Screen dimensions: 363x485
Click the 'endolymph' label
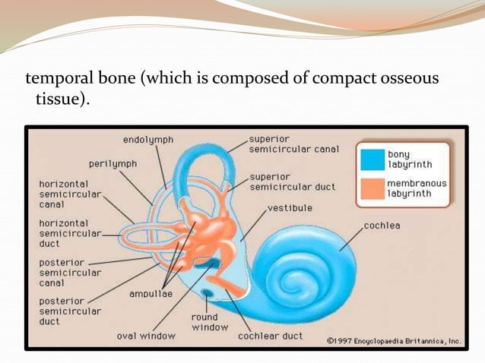(x=148, y=140)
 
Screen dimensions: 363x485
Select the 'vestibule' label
(x=290, y=207)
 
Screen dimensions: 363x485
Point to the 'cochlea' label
(x=382, y=226)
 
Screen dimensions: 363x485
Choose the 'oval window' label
(x=146, y=335)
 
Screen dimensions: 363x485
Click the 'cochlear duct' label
(x=270, y=335)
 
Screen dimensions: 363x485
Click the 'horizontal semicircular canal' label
(x=64, y=194)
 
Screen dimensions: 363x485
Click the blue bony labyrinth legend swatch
(x=372, y=159)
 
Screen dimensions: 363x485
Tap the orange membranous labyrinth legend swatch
(x=372, y=188)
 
